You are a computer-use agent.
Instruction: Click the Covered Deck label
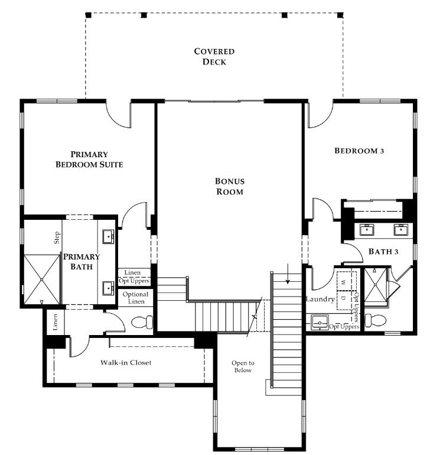pos(214,57)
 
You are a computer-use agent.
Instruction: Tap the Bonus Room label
pos(230,186)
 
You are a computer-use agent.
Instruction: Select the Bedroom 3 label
pos(359,151)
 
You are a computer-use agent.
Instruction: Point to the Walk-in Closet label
pos(126,362)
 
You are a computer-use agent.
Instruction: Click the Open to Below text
pos(243,366)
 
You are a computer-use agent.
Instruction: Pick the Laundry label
pos(321,299)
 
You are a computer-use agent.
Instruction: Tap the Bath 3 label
pos(383,251)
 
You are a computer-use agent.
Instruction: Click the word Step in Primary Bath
pos(57,238)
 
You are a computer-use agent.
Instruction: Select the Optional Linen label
pos(135,298)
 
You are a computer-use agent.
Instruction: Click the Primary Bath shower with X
pos(41,279)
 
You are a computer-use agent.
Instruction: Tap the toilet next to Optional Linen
pos(142,322)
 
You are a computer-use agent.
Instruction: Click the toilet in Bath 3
pos(376,320)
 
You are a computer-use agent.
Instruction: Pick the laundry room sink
pos(320,323)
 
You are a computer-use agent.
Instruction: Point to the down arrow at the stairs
pos(288,274)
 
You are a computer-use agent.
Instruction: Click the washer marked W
pos(346,281)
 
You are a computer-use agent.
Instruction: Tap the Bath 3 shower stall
pos(376,285)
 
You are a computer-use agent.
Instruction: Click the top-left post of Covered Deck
pos(89,15)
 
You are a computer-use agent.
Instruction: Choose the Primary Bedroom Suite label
pos(89,160)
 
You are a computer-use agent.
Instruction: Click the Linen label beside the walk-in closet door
pos(55,322)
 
